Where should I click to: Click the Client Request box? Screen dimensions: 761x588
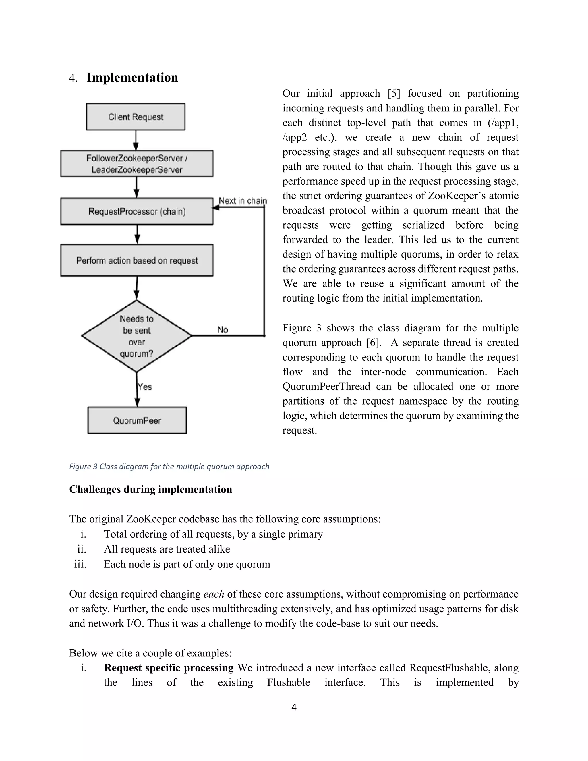[136, 117]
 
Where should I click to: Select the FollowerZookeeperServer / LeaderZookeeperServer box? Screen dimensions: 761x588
[137, 164]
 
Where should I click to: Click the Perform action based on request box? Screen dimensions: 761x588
[137, 260]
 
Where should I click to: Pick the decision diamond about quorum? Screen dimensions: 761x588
[137, 336]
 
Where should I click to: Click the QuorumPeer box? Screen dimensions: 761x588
[137, 420]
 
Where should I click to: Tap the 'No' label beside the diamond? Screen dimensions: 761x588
[222, 330]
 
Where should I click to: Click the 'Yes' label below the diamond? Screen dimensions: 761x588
[145, 387]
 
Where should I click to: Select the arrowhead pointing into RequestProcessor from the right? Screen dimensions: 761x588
[216, 208]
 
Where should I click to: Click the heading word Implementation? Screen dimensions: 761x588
[132, 77]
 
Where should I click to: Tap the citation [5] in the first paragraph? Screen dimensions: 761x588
[394, 93]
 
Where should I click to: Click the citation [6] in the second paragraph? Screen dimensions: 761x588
[372, 343]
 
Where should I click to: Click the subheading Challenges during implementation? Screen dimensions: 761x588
[150, 489]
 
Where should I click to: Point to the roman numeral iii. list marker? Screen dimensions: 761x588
[80, 564]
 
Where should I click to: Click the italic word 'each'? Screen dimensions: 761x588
[213, 594]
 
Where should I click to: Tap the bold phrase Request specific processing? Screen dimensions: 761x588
[169, 668]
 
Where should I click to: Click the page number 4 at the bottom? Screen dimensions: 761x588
[294, 707]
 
